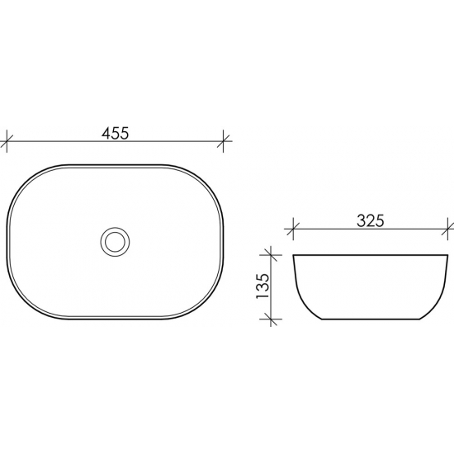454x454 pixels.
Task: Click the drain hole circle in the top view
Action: (115, 241)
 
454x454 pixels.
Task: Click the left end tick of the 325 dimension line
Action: (293, 228)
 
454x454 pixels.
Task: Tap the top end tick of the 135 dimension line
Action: (270, 253)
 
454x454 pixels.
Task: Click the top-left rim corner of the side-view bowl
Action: (294, 254)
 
